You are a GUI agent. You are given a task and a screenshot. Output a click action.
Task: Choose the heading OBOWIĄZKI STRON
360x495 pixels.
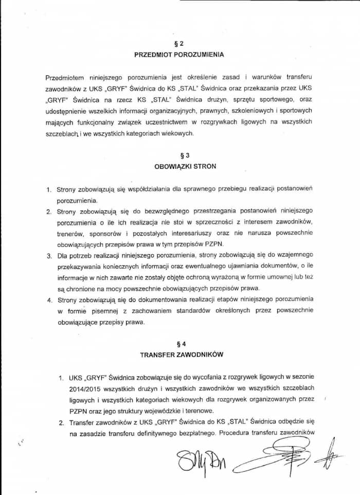click(x=185, y=167)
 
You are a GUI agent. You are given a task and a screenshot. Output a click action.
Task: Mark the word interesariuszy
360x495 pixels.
click(x=181, y=233)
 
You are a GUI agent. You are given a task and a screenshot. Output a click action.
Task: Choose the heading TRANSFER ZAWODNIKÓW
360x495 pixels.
click(x=179, y=355)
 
